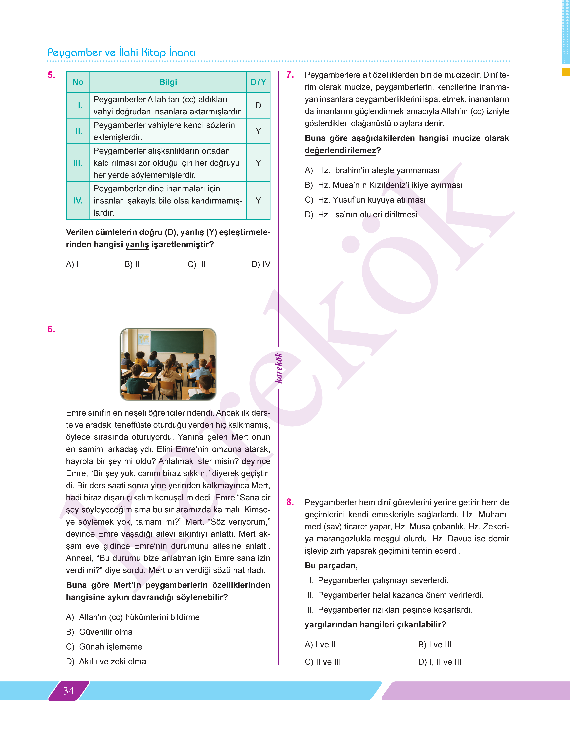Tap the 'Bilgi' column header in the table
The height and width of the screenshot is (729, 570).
(168, 82)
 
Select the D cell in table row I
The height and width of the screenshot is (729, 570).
(258, 106)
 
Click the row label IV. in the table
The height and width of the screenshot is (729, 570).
(78, 201)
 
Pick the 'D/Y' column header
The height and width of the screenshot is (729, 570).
(258, 82)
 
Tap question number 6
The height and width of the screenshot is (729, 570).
(51, 329)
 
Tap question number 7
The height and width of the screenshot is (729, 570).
(290, 75)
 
